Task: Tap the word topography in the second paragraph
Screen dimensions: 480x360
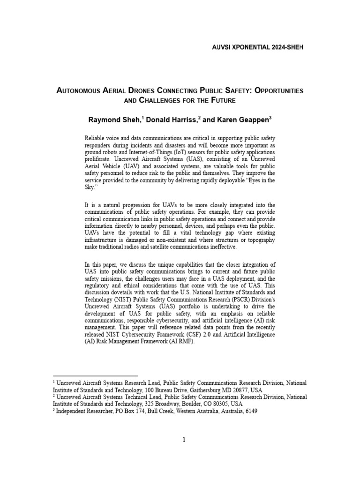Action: click(x=260, y=240)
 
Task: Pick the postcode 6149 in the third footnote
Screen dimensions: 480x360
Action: click(x=251, y=411)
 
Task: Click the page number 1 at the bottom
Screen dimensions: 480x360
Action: click(x=184, y=439)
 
